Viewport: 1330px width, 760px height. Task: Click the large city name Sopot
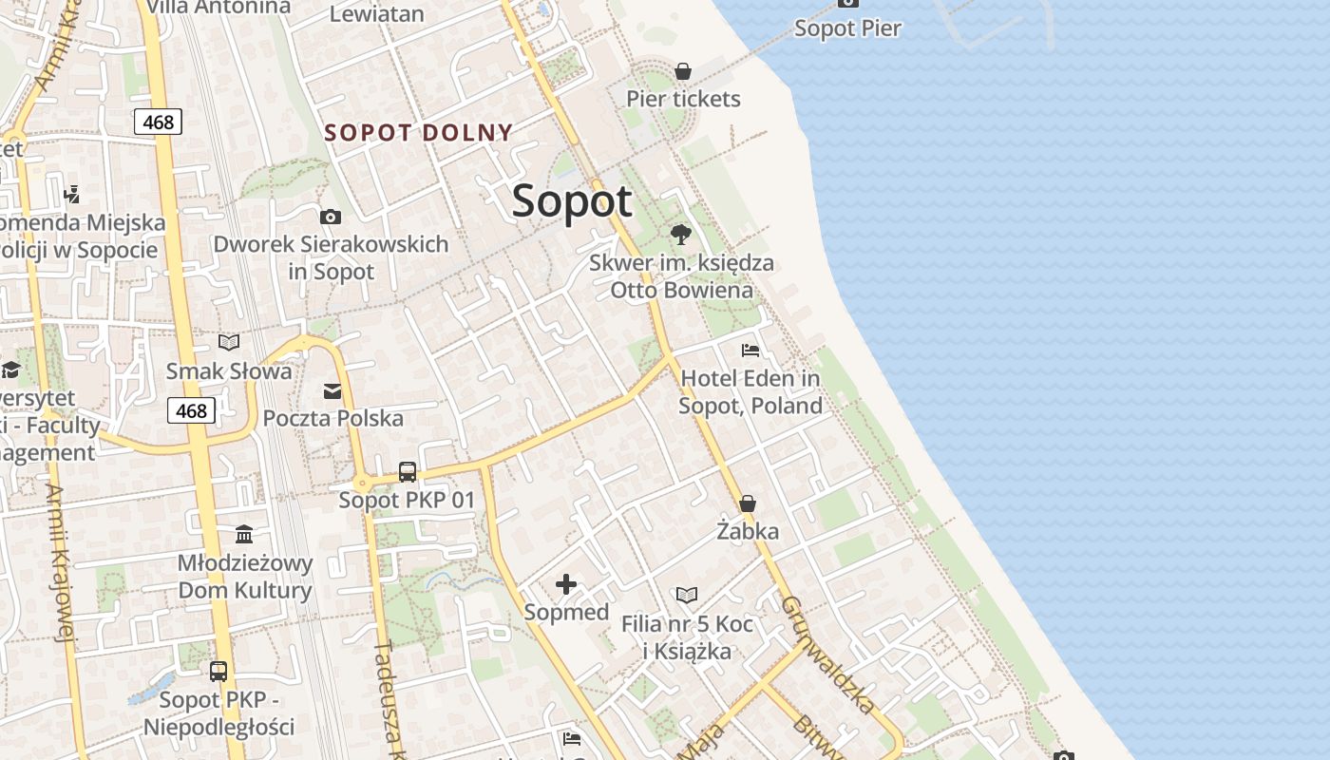pos(572,201)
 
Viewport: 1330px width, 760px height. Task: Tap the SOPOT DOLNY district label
pos(419,133)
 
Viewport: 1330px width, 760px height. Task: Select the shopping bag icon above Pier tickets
pos(682,71)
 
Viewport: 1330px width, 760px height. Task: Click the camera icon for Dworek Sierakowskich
pos(331,218)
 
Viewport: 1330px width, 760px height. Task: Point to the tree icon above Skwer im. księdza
pos(680,234)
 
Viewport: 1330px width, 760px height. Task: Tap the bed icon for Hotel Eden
pos(750,351)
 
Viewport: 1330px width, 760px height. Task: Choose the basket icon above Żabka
pos(748,503)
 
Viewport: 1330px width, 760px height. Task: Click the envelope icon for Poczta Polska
pos(332,390)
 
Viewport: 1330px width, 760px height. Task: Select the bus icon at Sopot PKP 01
pos(408,471)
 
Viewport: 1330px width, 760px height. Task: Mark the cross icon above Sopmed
pos(566,584)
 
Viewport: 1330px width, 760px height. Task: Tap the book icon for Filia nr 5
pos(687,596)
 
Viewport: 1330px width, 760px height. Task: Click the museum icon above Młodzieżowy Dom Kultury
pos(244,534)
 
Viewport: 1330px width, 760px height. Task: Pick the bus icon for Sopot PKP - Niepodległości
pos(218,672)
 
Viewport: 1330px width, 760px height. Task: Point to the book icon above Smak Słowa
pos(229,342)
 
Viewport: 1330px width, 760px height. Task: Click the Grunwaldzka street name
pos(827,655)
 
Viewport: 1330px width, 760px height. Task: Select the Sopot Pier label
pos(847,28)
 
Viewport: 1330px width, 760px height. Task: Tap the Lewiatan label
pos(376,13)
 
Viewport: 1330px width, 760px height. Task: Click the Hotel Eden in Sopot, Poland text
pos(750,392)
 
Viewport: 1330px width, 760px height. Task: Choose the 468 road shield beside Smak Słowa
pos(191,410)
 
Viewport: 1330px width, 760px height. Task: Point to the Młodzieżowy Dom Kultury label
pos(245,577)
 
